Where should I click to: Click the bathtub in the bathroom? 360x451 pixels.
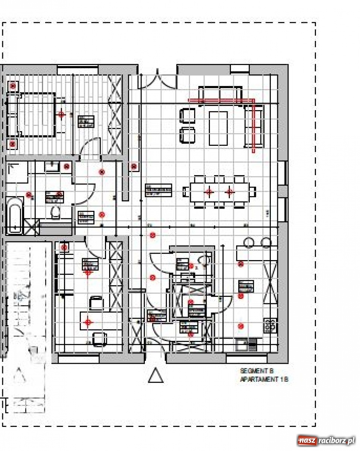click(15, 215)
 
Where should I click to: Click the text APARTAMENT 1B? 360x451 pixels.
click(264, 380)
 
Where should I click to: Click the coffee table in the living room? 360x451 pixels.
click(219, 128)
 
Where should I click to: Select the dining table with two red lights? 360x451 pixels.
click(219, 192)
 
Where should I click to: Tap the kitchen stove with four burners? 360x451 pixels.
click(270, 325)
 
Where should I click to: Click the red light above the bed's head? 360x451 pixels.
click(61, 114)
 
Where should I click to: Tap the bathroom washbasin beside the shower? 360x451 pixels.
click(52, 166)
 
